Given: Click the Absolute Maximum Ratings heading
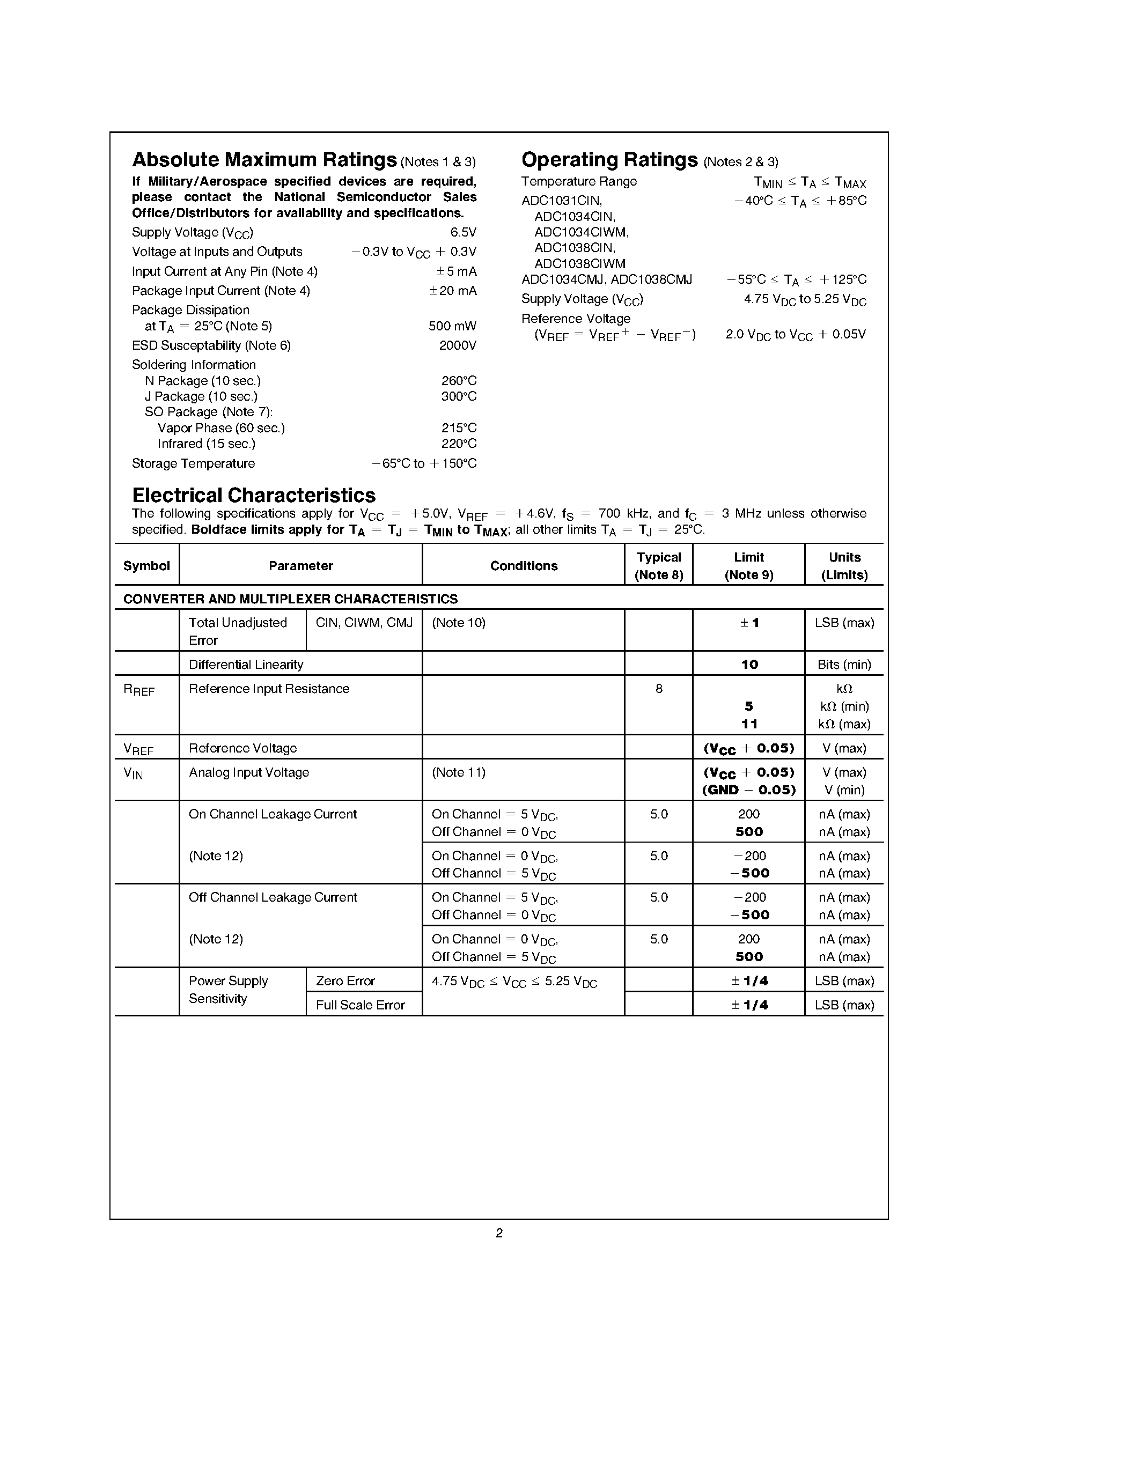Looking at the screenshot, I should coord(264,160).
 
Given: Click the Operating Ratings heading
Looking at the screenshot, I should coord(609,160).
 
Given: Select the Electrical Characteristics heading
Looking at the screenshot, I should coord(253,495).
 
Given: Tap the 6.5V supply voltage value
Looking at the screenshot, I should coord(464,232).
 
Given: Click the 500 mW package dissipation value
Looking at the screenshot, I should coord(452,326).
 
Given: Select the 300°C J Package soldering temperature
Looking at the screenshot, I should coord(459,396).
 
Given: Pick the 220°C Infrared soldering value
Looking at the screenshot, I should coord(459,444).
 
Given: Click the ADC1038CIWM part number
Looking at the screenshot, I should coord(579,264).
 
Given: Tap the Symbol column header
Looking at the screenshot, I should coord(146,566).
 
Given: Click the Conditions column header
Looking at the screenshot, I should coord(524,566).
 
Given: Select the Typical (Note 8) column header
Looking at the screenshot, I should coord(658,566).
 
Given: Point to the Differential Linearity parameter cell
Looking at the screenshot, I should coord(246,665).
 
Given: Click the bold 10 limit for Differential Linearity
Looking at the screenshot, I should coord(749,665).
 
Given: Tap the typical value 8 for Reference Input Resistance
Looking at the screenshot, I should coord(658,689).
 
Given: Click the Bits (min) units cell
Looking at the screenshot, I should coord(844,665).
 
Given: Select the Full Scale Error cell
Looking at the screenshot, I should coord(360,1005).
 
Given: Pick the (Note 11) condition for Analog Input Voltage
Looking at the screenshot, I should coord(459,772).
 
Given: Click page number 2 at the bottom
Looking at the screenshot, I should coord(499,1233).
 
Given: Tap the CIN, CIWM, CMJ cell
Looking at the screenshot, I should coord(364,623).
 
